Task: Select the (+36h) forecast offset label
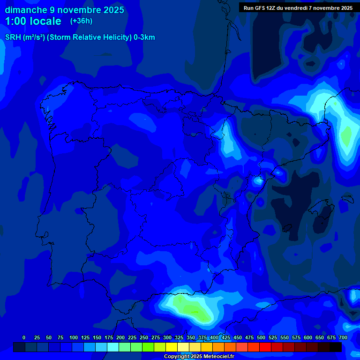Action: click(x=81, y=21)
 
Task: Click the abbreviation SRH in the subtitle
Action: click(x=13, y=37)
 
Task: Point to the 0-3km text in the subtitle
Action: click(x=144, y=37)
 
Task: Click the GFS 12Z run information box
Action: click(x=298, y=7)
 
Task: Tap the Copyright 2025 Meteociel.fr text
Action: click(x=199, y=356)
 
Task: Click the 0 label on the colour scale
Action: click(x=24, y=337)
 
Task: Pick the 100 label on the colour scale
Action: click(x=74, y=337)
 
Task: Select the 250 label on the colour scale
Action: click(x=144, y=337)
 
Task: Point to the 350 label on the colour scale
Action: click(x=191, y=337)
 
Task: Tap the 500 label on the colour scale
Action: click(x=261, y=337)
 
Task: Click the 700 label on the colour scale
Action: click(x=343, y=337)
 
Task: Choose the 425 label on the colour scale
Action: click(x=226, y=337)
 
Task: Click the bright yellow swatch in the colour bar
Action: click(x=172, y=347)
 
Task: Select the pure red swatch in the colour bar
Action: click(x=265, y=347)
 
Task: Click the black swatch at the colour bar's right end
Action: click(x=336, y=347)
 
